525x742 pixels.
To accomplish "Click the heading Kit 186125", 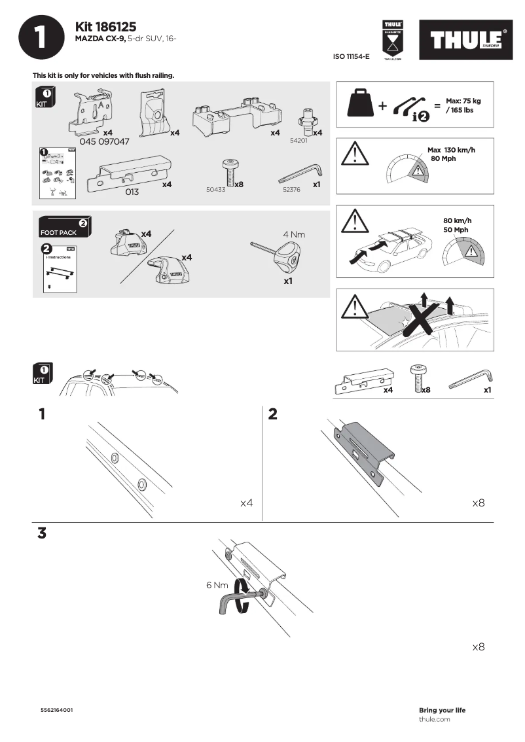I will pos(105,27).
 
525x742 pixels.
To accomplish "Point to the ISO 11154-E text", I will pos(352,57).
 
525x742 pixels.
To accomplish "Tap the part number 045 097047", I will pos(104,141).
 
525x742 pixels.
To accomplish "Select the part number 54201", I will pos(299,140).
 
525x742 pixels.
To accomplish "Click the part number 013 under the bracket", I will pos(132,192).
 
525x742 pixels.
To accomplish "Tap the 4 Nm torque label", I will pos(294,234).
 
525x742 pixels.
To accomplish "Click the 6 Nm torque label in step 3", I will pos(217,585).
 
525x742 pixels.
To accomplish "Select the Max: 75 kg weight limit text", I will pos(463,101).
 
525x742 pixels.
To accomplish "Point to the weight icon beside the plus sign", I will pos(361,103).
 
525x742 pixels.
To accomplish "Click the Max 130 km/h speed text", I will pos(451,150).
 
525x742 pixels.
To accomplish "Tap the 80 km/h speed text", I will pos(457,221).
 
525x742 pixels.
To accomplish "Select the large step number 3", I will pos(42,533).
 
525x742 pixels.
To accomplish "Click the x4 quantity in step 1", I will pos(246,503).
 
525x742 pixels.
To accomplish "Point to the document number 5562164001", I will pos(57,710).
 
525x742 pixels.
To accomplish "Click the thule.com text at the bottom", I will pos(434,719).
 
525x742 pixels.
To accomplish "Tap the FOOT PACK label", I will pos(59,232).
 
